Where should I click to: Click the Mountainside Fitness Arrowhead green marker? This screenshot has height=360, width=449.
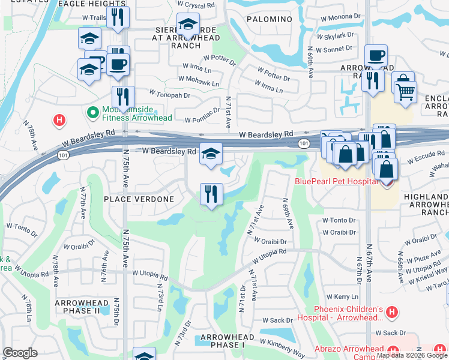[x=93, y=112]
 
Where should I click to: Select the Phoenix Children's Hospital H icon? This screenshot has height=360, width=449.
[x=391, y=312]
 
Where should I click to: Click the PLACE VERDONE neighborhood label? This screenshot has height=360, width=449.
[x=139, y=199]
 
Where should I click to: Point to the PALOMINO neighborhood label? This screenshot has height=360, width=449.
[x=270, y=19]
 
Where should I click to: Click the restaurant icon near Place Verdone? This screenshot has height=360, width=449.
[x=211, y=194]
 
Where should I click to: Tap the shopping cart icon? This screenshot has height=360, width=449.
[x=406, y=92]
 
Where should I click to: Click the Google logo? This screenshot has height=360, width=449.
[x=20, y=353]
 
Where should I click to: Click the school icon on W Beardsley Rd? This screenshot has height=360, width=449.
[x=211, y=154]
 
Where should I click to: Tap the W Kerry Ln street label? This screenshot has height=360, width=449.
[x=339, y=297]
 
